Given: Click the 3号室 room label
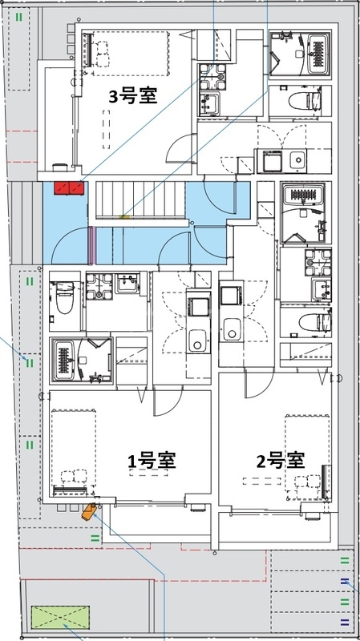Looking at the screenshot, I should pos(132,96).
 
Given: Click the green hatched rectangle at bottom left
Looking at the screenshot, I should pos(61,618).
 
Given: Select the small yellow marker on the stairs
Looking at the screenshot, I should pos(123,216).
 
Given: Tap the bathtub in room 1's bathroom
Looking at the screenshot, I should pos(63,358).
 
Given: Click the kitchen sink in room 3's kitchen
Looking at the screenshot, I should pos(297,159).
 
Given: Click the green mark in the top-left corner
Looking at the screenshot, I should pos(18,16).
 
